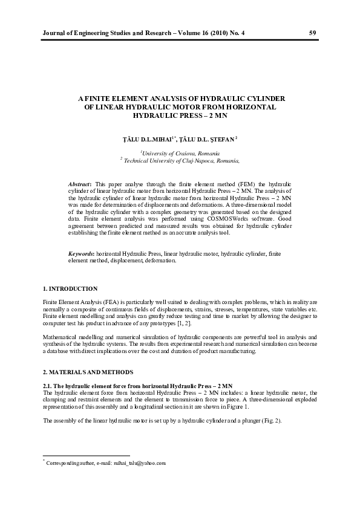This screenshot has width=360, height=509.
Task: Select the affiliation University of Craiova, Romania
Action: [x=180, y=154]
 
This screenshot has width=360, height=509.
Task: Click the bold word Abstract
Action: [x=80, y=183]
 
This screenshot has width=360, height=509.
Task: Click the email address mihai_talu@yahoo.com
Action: [x=138, y=463]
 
